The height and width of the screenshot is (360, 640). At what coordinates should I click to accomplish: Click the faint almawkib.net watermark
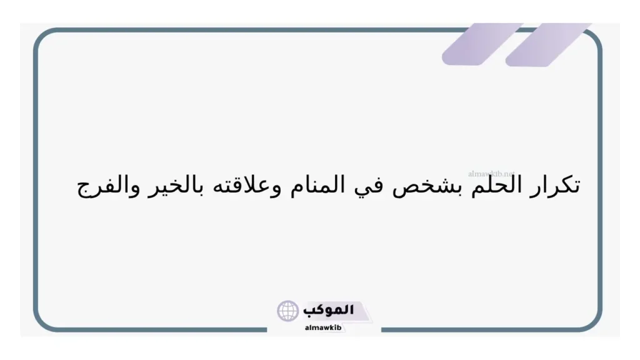(491, 172)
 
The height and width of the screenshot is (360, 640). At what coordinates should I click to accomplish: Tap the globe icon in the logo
(288, 311)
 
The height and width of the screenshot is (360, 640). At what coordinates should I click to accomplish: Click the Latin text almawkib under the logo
(322, 327)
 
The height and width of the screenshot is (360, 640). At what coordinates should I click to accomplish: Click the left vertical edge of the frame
(36, 181)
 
